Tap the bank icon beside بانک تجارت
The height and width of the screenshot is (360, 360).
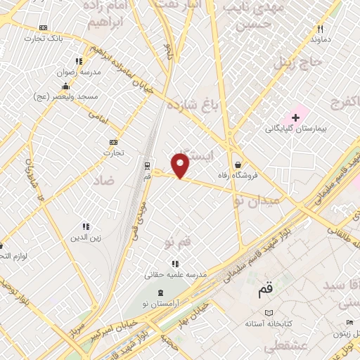pyautogui.click(x=44, y=27)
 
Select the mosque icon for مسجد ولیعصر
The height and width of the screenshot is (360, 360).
pyautogui.click(x=79, y=85)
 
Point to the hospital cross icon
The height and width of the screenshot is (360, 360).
pyautogui.click(x=296, y=116)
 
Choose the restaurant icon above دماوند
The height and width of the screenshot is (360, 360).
pyautogui.click(x=321, y=29)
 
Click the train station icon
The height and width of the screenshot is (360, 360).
pyautogui.click(x=147, y=166)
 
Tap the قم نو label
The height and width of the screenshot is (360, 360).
pyautogui.click(x=178, y=243)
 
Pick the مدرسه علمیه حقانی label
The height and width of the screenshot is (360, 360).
pyautogui.click(x=176, y=275)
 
